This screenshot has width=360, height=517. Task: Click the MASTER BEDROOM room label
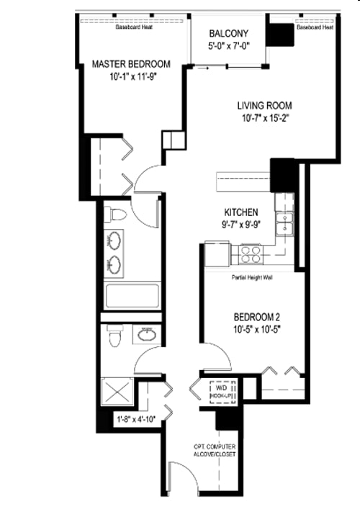130,65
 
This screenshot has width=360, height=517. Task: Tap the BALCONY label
228,34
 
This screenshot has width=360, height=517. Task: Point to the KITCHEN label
241,212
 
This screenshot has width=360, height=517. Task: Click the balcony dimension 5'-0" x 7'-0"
228,46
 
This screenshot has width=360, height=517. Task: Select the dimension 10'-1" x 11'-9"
130,78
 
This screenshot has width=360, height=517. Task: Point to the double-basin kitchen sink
287,224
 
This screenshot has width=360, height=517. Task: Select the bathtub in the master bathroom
132,295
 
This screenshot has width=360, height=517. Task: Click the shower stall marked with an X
117,393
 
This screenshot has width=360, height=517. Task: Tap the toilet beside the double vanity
115,215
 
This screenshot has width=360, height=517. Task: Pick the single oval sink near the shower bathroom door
147,335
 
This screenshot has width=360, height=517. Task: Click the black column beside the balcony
279,34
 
